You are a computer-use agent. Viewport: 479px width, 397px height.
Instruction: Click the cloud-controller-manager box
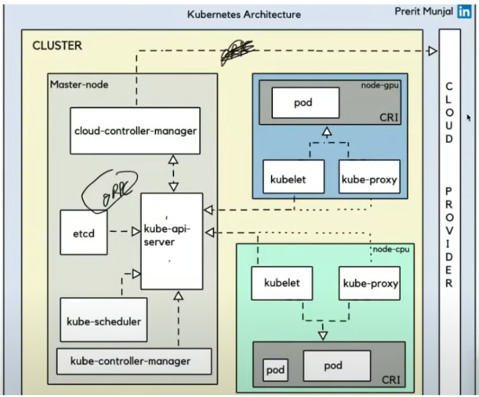(135, 131)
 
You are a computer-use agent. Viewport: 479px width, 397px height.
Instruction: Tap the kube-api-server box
(172, 241)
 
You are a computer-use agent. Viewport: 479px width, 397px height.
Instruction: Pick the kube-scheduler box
(104, 320)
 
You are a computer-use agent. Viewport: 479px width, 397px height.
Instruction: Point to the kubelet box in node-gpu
(293, 179)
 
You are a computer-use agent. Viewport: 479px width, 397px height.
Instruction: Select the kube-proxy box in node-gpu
(369, 179)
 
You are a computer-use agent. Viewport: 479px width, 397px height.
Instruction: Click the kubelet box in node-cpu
(282, 283)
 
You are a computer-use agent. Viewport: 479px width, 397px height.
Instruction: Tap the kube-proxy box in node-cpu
(370, 283)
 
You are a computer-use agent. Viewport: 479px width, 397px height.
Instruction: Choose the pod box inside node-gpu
(306, 103)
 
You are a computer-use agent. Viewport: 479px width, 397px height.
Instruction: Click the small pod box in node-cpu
(274, 370)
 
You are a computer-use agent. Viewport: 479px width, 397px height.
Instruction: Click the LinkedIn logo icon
(465, 11)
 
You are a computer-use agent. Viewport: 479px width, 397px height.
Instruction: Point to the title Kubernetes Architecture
(244, 14)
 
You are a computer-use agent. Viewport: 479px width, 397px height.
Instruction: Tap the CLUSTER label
(57, 46)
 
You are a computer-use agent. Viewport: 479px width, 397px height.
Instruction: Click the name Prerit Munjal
(424, 11)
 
